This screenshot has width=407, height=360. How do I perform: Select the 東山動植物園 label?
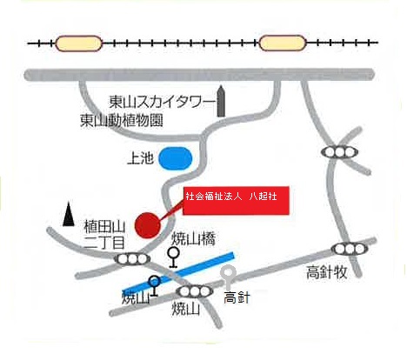pos(122,121)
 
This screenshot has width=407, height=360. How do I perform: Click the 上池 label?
pos(139,159)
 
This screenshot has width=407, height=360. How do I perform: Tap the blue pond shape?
pos(176,159)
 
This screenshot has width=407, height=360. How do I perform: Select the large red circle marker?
pos(149,223)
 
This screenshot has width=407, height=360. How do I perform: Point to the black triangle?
pos(70,213)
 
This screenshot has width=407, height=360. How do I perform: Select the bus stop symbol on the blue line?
pos(154,283)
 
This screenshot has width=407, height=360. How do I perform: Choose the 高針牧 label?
pos(327,273)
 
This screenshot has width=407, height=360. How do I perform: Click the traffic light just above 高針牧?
pos(345,249)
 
